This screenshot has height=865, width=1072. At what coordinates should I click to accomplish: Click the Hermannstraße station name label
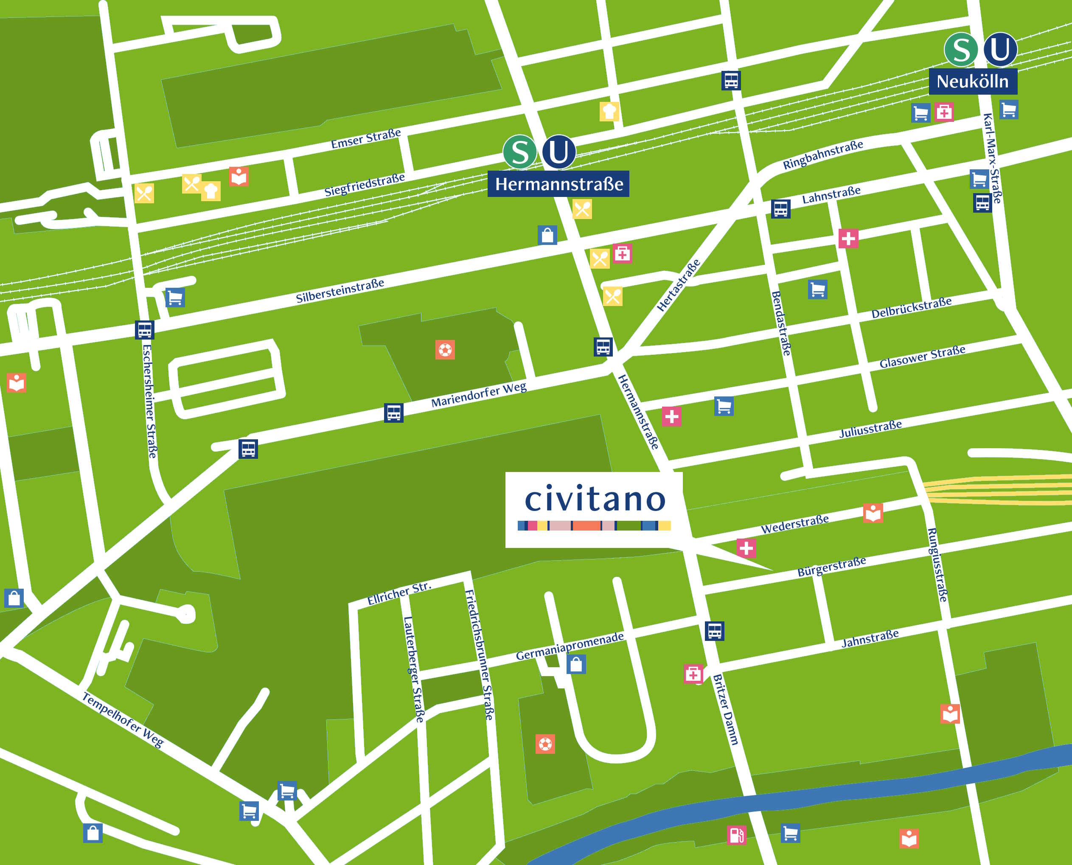(x=558, y=184)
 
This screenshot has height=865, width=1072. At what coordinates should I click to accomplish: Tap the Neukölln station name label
(x=972, y=81)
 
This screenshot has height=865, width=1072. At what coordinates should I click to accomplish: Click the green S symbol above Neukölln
(x=960, y=49)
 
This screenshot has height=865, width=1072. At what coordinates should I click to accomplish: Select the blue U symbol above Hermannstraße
(x=558, y=152)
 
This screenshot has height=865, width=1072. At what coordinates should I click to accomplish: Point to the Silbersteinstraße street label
(x=340, y=290)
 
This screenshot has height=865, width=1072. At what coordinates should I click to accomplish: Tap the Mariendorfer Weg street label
(x=478, y=395)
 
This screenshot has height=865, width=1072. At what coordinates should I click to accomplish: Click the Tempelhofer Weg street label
(x=123, y=719)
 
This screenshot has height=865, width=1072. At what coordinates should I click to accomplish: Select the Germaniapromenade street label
(x=570, y=646)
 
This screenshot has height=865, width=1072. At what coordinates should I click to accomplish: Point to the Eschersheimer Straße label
(x=149, y=401)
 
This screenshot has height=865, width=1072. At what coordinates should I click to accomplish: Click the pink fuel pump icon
(x=737, y=834)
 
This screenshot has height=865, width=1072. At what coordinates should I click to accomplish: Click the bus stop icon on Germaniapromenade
(x=714, y=631)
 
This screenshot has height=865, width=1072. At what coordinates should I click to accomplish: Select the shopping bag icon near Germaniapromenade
(x=576, y=664)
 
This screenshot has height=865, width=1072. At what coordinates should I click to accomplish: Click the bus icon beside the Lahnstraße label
(x=780, y=209)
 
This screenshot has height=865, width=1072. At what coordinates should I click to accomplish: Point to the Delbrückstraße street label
(x=911, y=307)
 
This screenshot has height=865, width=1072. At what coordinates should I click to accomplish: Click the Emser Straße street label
(x=366, y=138)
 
